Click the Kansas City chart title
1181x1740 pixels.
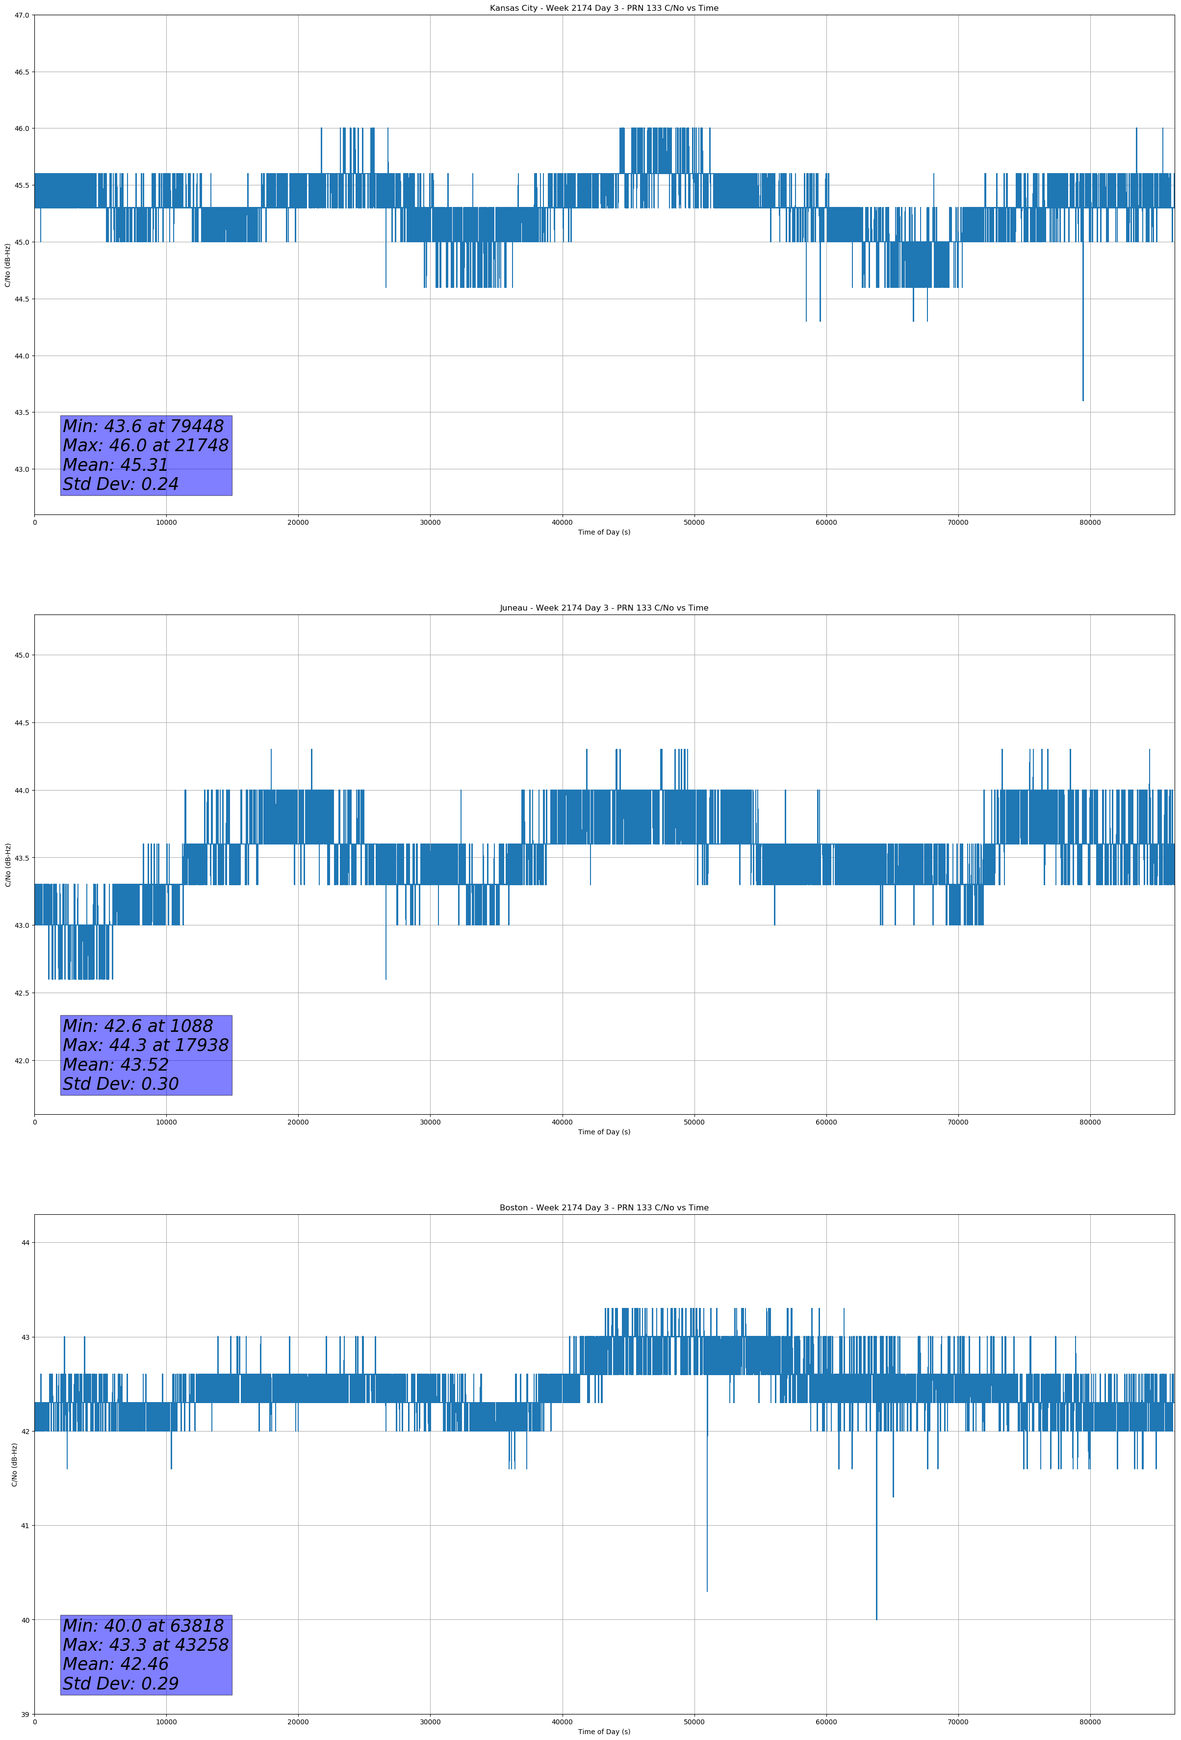tap(604, 8)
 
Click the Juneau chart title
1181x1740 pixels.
tap(604, 608)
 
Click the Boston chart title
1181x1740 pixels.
tap(604, 1208)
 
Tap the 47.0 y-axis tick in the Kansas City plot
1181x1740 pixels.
tap(21, 15)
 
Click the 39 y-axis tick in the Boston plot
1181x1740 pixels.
tap(26, 1714)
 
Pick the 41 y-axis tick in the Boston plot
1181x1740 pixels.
tap(26, 1526)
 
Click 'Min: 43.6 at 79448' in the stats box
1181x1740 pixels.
tap(143, 426)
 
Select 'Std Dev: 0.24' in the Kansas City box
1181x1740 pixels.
tap(121, 485)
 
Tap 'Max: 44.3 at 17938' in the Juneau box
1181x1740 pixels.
tap(145, 1045)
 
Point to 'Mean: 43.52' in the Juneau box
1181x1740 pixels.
tap(115, 1065)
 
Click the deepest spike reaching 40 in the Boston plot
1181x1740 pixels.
tap(876, 1617)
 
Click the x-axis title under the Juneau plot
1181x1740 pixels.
tap(604, 1132)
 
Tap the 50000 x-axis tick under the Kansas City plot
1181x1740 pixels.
tap(694, 523)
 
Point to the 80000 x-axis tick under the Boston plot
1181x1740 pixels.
tap(1090, 1722)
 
